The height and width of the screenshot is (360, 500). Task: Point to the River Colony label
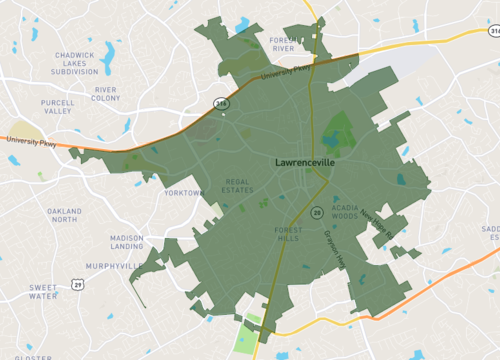pyautogui.click(x=105, y=94)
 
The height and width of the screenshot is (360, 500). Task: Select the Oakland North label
pyautogui.click(x=63, y=215)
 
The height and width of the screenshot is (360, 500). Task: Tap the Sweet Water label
pyautogui.click(x=43, y=291)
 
